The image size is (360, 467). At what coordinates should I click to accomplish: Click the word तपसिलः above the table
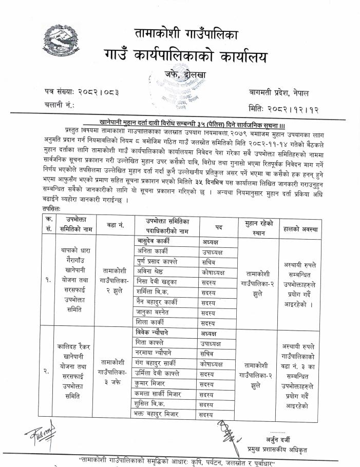(x=53, y=210)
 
